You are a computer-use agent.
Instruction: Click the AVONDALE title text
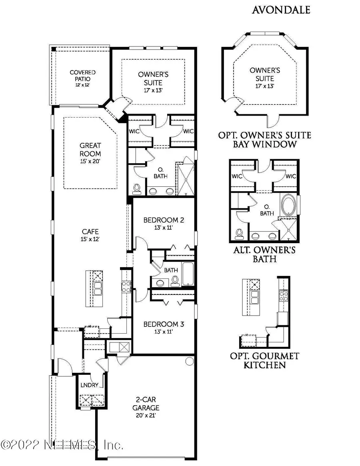coord(281,10)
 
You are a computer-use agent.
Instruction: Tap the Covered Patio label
coord(83,76)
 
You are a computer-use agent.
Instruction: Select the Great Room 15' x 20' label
coord(90,153)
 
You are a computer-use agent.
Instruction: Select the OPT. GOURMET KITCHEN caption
coord(264,360)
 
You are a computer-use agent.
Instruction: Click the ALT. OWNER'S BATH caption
coord(264,255)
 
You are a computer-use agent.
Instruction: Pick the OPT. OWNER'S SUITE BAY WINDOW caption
coord(264,140)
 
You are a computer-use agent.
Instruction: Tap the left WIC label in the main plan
coord(133,131)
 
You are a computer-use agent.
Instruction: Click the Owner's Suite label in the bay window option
coord(265,78)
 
